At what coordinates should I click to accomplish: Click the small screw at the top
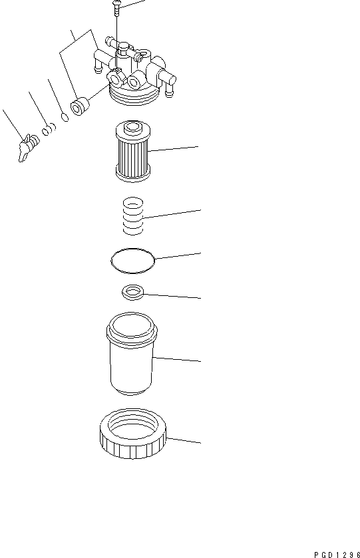116,6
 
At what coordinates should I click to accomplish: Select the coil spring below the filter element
134,217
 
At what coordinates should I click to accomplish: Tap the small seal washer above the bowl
133,292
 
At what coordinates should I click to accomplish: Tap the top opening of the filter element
132,126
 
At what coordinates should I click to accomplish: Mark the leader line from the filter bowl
176,359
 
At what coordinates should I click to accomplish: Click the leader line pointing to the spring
171,214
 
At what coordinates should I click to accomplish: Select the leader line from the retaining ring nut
183,441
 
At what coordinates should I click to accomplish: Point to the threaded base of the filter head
134,96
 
